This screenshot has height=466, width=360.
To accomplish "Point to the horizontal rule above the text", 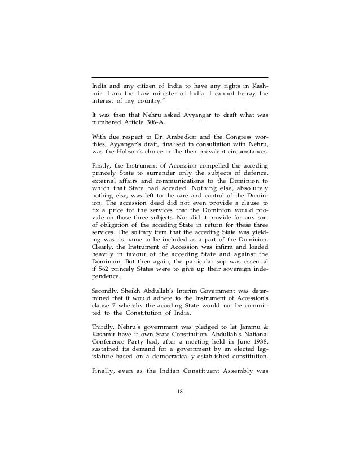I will tap(180, 77).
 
